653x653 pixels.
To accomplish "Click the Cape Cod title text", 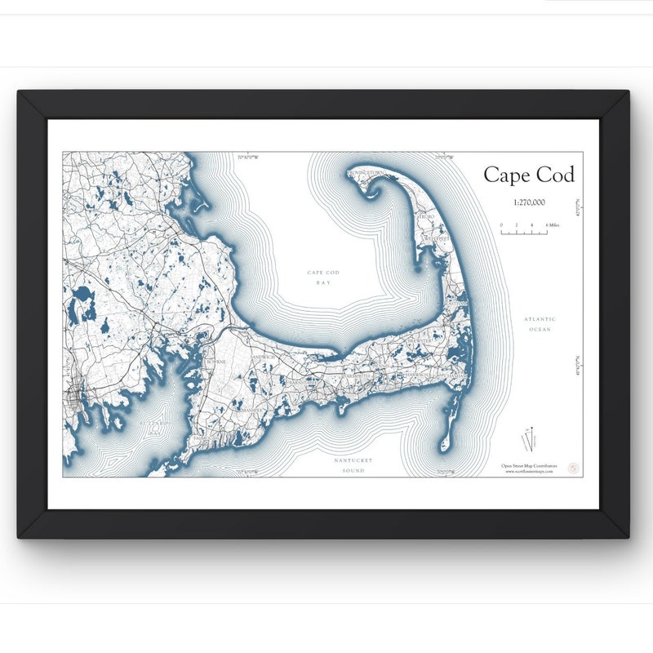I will (x=528, y=175).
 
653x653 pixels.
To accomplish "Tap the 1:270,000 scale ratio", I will (x=529, y=201).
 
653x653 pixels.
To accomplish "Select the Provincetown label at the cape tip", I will (x=366, y=173).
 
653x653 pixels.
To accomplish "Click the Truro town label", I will (x=427, y=216).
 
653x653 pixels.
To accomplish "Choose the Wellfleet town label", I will (x=437, y=239).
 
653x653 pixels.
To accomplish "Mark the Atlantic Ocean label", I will (x=540, y=324).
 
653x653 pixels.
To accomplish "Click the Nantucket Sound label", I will (x=353, y=465).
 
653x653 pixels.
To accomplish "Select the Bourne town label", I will (x=216, y=361).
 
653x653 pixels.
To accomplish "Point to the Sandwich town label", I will (x=262, y=358).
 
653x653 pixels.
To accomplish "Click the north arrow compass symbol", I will (x=531, y=438).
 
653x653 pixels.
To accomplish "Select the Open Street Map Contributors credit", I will (x=529, y=466).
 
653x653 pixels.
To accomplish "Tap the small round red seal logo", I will (x=573, y=468).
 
